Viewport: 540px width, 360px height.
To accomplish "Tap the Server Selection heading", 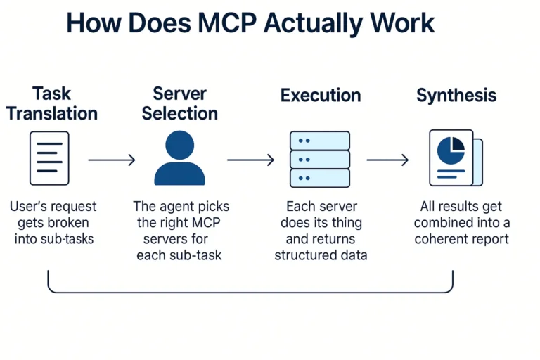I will coord(179,103).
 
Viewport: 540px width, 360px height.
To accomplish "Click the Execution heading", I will coord(320,96).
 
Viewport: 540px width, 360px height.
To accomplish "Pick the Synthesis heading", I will coord(456,96).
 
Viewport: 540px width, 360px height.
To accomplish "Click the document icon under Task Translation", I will coord(49,158).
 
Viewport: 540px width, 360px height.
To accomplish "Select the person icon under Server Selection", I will coord(179,158).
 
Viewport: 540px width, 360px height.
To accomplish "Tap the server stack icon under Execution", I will coord(320,159).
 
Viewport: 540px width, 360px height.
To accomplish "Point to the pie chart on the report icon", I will coord(451,149).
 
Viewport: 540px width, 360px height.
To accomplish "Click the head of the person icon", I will coord(179,146).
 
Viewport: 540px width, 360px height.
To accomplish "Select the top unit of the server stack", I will coord(320,141).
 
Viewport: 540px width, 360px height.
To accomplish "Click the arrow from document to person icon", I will coord(111,160).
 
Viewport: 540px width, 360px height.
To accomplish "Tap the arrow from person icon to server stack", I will coord(250,160).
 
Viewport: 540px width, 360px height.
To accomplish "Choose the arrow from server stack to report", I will coord(387,160).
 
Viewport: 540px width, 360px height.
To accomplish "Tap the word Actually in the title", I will coord(321,23).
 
